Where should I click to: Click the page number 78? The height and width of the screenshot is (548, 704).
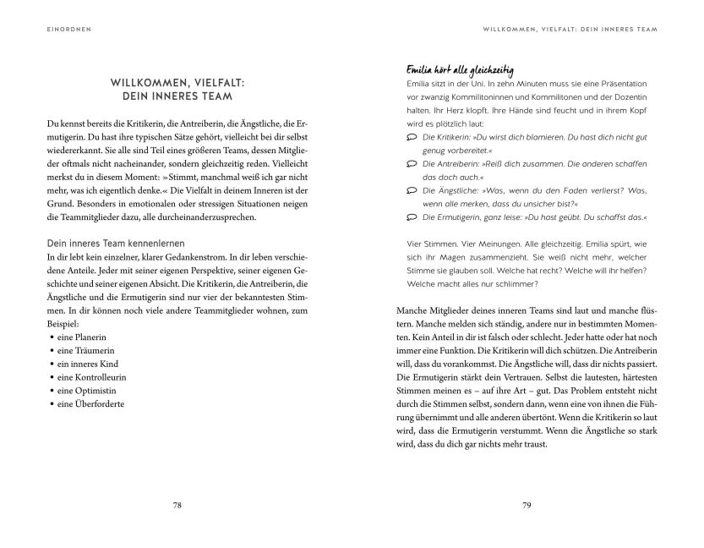tap(177, 506)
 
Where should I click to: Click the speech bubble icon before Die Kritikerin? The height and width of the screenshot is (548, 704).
tap(412, 137)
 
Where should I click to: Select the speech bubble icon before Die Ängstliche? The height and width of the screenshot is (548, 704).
tap(412, 191)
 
